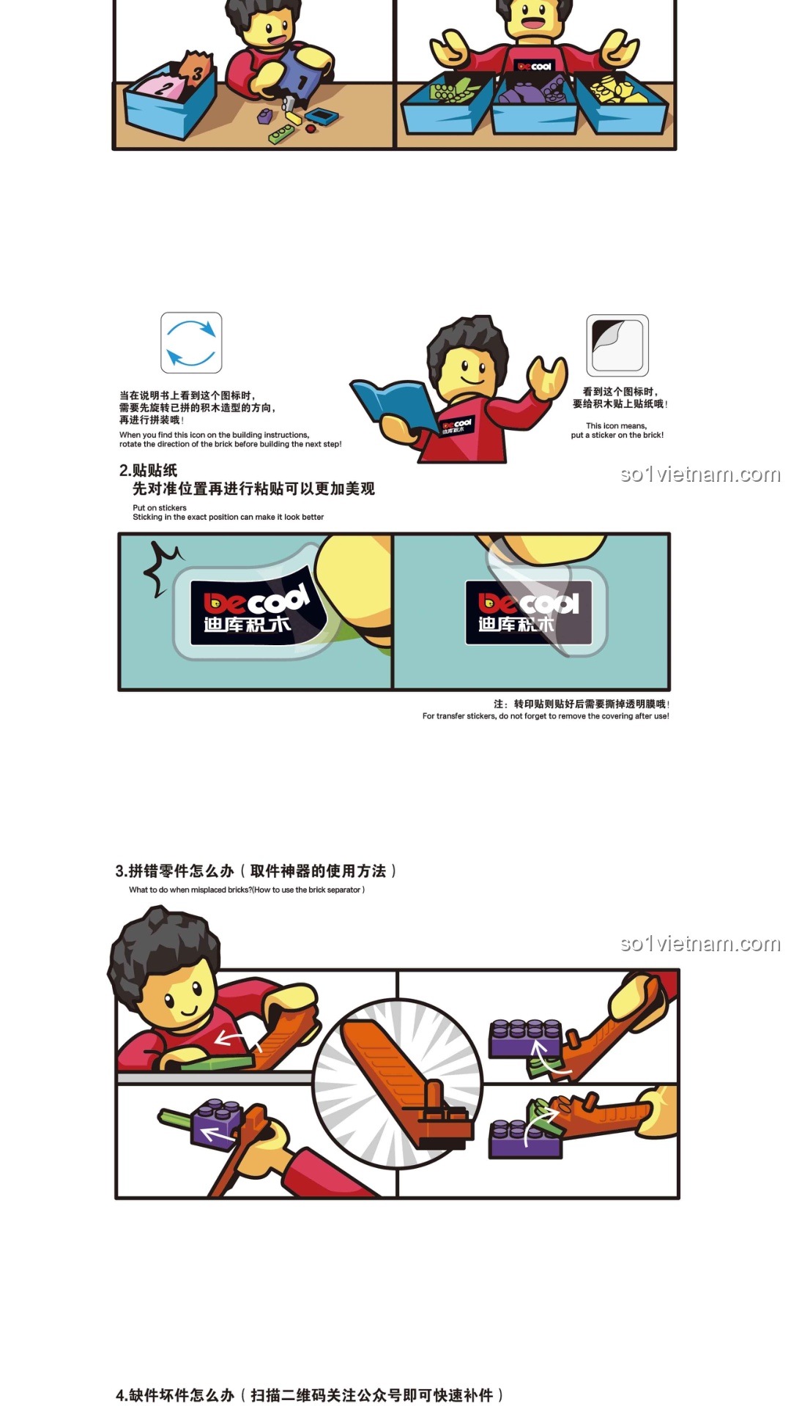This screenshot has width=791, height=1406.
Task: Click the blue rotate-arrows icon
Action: [x=191, y=343]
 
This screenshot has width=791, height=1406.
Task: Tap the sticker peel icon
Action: [x=617, y=346]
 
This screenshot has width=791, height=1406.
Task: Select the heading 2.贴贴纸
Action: [x=149, y=470]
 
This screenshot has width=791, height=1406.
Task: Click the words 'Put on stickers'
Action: [x=160, y=507]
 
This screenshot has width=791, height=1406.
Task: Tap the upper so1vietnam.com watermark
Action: [x=699, y=475]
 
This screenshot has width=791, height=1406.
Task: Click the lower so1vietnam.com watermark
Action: [x=699, y=944]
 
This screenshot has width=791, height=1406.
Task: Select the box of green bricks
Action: [x=447, y=103]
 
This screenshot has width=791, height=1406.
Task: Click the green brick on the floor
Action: [x=281, y=134]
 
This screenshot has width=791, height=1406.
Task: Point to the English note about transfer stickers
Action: [x=546, y=716]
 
